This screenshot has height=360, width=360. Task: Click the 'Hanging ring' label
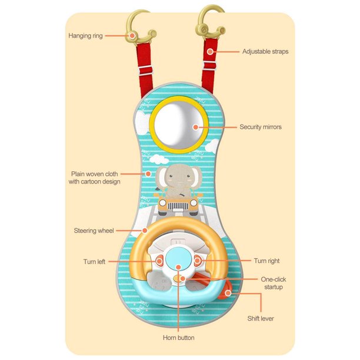click(x=86, y=36)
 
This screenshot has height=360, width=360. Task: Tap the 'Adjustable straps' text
click(x=265, y=51)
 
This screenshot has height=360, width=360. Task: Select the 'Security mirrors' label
click(x=261, y=126)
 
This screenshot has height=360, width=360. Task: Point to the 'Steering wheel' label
click(x=94, y=230)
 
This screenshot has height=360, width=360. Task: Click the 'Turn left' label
click(x=94, y=261)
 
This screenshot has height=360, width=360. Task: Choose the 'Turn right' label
click(x=267, y=260)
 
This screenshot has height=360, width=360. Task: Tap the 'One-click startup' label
click(x=271, y=283)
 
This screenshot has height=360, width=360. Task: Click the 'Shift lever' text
click(x=260, y=318)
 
